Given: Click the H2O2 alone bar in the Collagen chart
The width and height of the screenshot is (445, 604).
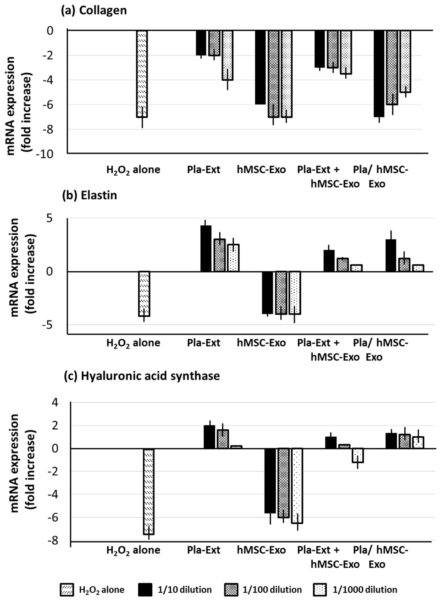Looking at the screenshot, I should [142, 74].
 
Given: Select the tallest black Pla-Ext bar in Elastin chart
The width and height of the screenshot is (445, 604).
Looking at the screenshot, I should [206, 249].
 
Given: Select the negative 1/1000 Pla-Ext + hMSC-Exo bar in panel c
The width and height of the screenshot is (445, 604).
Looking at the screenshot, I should [358, 455].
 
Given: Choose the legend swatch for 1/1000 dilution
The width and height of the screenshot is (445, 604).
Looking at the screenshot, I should [320, 590].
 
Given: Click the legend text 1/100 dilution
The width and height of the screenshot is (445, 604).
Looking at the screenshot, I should [272, 590].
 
